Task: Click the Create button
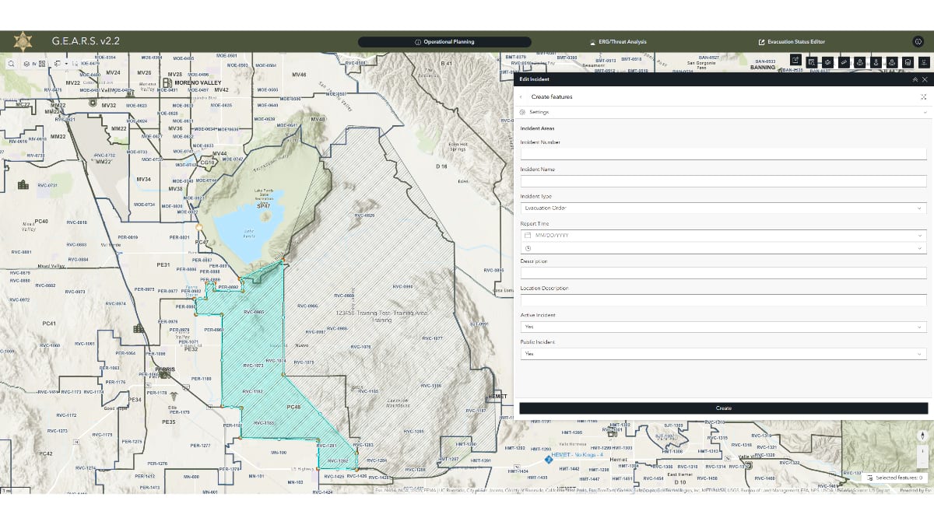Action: click(723, 408)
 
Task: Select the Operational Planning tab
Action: click(444, 42)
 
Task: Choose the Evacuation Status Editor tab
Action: click(792, 42)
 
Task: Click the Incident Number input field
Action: click(723, 154)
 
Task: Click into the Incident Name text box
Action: click(723, 181)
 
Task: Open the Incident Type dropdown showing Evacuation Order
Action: click(723, 208)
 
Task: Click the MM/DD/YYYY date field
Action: click(723, 235)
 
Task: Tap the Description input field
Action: click(723, 273)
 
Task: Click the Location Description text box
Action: click(723, 300)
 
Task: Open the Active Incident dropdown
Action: click(723, 327)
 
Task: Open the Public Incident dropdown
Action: click(723, 354)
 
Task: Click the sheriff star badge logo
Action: click(23, 41)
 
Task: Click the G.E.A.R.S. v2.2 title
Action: click(86, 41)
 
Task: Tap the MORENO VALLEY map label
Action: click(198, 82)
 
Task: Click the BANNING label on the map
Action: click(762, 68)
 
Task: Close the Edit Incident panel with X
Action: click(925, 79)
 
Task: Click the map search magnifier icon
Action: click(12, 64)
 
